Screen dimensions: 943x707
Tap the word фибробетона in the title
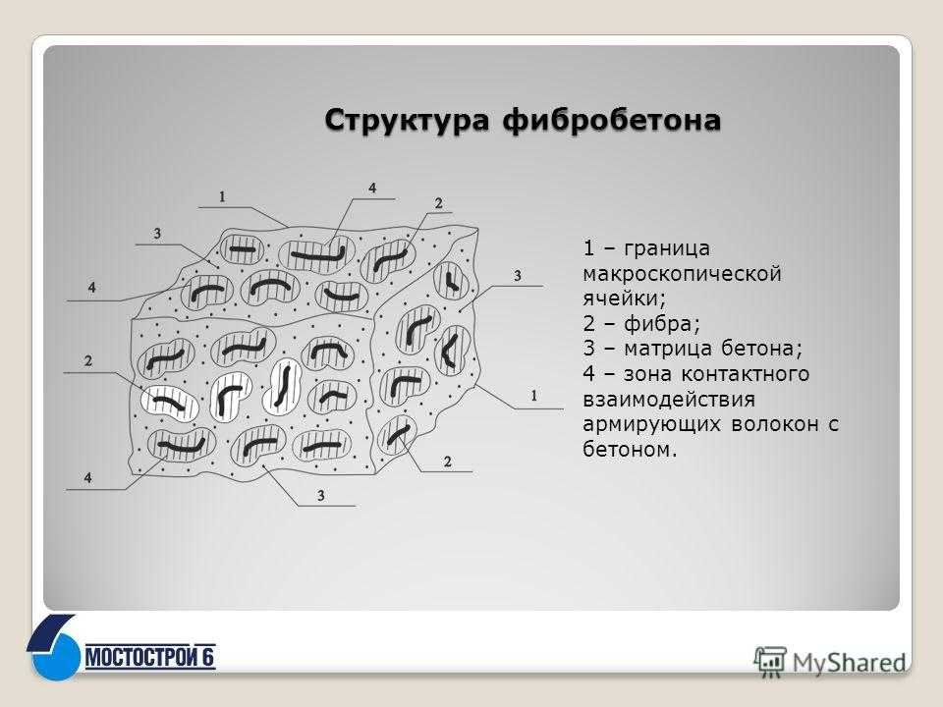612,119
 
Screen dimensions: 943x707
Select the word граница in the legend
667,248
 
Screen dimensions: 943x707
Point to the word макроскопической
682,274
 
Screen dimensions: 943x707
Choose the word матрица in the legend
668,349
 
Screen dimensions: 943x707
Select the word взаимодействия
669,400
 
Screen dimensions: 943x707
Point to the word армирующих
652,425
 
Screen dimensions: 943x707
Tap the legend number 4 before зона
588,374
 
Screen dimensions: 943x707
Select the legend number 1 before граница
588,248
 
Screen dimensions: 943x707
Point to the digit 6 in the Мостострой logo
208,657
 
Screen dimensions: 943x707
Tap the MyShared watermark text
849,663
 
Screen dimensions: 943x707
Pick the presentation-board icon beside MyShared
770,661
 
